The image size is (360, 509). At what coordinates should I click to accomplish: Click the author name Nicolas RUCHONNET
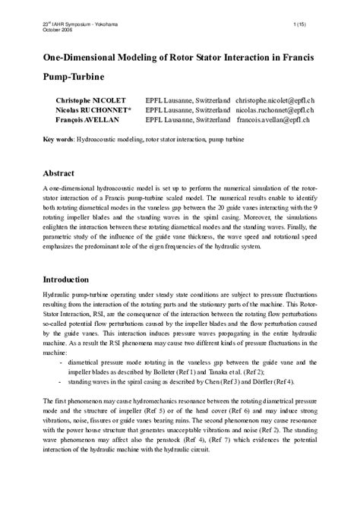point(93,110)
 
